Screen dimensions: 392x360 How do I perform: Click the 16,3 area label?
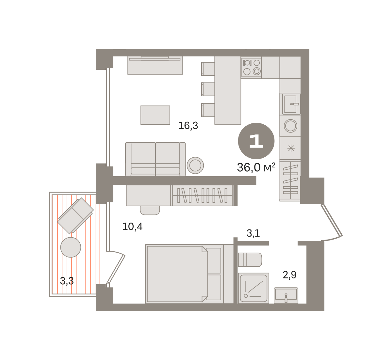click(188, 126)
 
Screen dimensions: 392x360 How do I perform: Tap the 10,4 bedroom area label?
click(132, 227)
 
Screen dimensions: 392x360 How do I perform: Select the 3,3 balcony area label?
click(67, 281)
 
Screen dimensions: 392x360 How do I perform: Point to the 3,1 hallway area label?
click(253, 233)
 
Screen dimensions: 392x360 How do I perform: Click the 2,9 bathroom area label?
click(289, 275)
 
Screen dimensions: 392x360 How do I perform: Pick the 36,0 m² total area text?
click(256, 167)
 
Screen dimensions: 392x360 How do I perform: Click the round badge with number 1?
click(256, 141)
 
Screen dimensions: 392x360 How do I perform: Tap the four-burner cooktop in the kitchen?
click(251, 67)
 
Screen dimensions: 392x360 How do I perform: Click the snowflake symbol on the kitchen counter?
click(291, 148)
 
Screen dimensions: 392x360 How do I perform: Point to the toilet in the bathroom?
click(250, 259)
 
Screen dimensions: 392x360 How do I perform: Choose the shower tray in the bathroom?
click(253, 288)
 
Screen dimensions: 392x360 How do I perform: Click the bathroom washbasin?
click(286, 295)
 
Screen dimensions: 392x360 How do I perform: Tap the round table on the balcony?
click(71, 247)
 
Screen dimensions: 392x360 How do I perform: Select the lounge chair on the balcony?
click(75, 216)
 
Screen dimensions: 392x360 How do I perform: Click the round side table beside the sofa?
click(195, 165)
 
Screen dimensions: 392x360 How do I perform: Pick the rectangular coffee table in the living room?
click(155, 115)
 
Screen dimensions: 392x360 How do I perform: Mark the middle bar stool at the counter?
click(208, 89)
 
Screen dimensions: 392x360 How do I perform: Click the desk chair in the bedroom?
click(150, 210)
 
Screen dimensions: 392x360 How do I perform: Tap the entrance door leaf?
click(332, 220)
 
